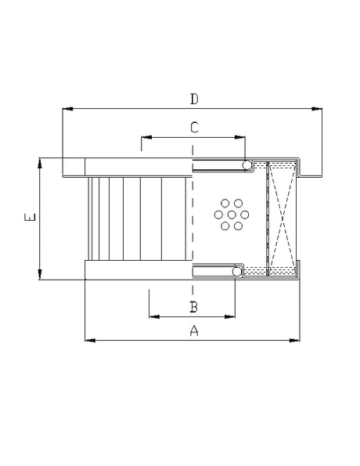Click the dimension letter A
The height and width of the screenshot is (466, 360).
click(x=194, y=331)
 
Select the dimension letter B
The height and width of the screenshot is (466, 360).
click(x=193, y=306)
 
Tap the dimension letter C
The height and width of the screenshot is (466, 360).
click(x=194, y=126)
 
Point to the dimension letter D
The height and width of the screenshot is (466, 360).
click(x=194, y=99)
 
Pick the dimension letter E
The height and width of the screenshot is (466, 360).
click(x=29, y=219)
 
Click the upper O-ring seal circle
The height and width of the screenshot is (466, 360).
click(x=247, y=164)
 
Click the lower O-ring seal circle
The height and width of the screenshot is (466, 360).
click(x=237, y=273)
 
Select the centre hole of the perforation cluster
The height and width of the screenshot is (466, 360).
click(x=231, y=215)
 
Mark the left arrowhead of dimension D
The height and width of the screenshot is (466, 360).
click(x=66, y=109)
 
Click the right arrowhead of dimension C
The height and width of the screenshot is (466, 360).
click(x=243, y=136)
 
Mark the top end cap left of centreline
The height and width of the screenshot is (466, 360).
click(x=137, y=166)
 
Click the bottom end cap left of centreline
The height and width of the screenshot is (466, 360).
click(x=137, y=271)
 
